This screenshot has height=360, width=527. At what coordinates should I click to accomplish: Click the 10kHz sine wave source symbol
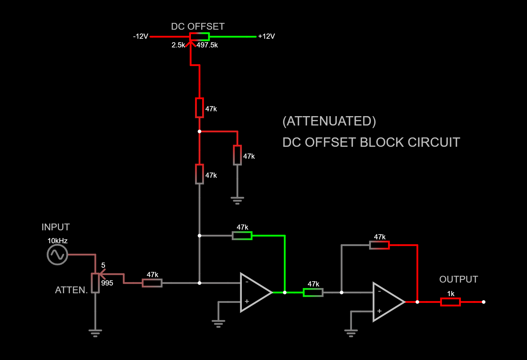coord(57,255)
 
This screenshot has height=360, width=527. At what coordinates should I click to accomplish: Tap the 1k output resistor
coord(450,302)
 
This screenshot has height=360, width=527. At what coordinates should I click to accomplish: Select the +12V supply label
coord(266,36)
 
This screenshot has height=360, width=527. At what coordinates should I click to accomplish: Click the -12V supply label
coord(141,36)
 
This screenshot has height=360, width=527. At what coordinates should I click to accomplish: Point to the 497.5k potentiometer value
coord(207,45)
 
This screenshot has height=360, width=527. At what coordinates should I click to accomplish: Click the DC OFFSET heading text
coord(197,26)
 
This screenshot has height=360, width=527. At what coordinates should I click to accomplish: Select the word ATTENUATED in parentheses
coord(329,121)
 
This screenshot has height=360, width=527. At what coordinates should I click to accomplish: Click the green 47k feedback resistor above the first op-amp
coord(242,236)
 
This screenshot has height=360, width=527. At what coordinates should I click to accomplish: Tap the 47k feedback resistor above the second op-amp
coord(379,245)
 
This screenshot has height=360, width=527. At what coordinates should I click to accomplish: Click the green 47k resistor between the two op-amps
coord(313,293)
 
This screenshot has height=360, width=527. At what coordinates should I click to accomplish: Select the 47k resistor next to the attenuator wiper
coord(152,283)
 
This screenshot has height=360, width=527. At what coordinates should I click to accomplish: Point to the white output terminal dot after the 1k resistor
coord(483,302)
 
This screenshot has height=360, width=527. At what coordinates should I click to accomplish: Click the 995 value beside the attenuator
coord(107,283)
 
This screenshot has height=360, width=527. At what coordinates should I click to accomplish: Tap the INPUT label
coord(55,227)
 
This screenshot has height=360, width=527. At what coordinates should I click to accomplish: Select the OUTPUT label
coord(458,279)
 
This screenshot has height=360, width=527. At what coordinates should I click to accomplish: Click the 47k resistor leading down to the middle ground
coord(237,155)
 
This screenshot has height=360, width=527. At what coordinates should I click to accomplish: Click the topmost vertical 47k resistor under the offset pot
coord(199,108)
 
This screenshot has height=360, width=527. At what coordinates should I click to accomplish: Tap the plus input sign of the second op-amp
coord(379,311)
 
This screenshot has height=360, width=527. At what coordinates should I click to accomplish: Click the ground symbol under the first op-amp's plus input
coord(218,323)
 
